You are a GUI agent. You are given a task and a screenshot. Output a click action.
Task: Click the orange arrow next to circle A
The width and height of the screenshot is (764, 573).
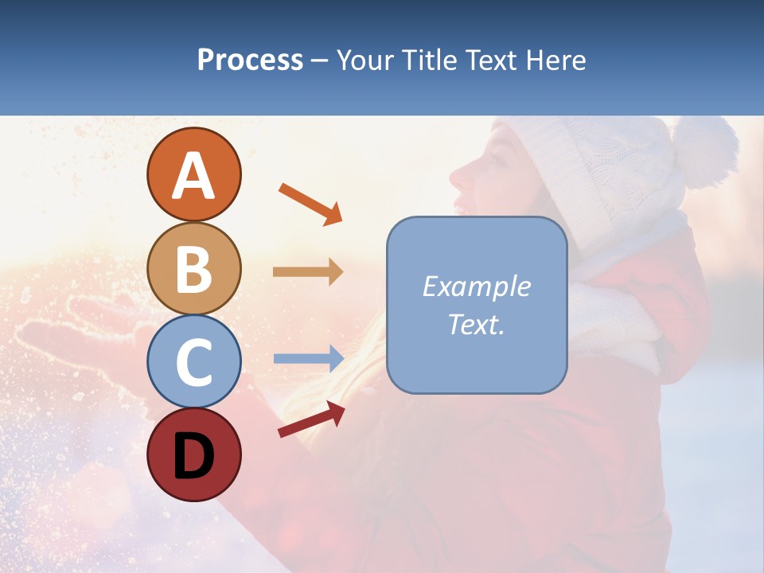[x=310, y=204]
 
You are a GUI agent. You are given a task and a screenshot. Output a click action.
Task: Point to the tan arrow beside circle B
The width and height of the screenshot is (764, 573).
[x=308, y=272]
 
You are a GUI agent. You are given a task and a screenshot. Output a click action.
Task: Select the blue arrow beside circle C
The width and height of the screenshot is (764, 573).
[x=308, y=359]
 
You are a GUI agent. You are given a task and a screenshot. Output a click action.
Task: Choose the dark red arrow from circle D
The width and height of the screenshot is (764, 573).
[x=311, y=419]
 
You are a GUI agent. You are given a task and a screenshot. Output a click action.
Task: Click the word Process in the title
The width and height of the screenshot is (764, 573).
[x=250, y=60]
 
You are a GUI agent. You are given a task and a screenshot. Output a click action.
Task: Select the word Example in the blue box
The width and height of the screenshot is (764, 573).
[x=476, y=286]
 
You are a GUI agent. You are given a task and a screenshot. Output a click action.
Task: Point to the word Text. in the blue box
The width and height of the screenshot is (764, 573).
[x=476, y=324]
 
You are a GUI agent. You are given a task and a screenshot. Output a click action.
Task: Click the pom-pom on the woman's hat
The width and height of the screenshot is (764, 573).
[x=705, y=151]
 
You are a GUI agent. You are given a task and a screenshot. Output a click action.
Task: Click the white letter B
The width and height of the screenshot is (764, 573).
[x=194, y=268]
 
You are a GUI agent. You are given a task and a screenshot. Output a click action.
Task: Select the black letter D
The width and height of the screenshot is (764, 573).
[x=194, y=455]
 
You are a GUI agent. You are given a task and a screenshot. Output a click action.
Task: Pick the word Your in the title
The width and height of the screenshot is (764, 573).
[x=364, y=60]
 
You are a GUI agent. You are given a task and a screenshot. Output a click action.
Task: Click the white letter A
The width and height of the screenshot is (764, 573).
[x=194, y=175]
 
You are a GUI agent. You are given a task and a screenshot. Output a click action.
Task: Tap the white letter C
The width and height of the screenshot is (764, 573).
[x=194, y=362]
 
